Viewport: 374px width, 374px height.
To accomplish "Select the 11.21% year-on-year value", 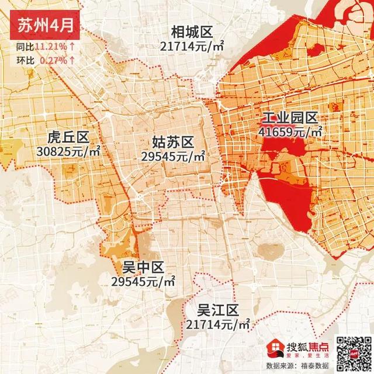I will click(50, 46).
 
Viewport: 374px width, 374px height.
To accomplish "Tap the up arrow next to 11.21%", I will click(71, 46).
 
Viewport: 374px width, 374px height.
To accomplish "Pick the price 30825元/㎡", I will click(68, 151).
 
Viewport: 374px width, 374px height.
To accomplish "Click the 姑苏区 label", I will click(172, 141).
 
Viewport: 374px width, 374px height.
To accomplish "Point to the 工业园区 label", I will click(290, 117).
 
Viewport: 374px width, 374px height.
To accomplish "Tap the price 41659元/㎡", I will click(290, 132).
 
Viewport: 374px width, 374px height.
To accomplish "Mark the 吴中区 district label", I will click(143, 268).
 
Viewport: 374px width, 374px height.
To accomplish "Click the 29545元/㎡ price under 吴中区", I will click(143, 282).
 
